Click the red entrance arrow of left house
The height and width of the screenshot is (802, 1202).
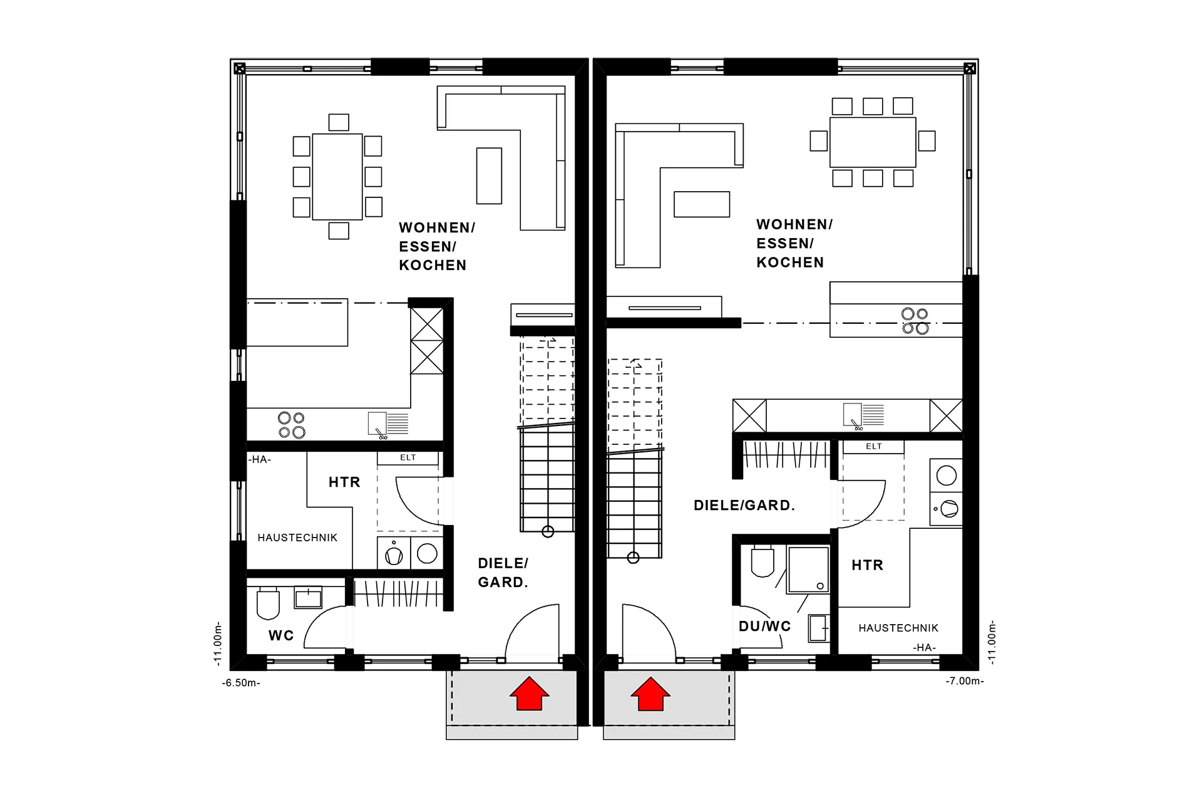click(x=530, y=694)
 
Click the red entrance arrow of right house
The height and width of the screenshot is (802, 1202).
click(x=650, y=694)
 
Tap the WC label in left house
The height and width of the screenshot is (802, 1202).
click(x=281, y=635)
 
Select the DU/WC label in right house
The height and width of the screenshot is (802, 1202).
click(x=764, y=626)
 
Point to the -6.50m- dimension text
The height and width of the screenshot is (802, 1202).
click(x=241, y=683)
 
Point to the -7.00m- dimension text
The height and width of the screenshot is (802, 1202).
click(x=965, y=680)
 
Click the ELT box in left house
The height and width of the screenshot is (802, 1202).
click(x=408, y=458)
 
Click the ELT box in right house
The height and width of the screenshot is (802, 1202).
click(x=873, y=447)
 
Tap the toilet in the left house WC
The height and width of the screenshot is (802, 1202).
click(x=268, y=603)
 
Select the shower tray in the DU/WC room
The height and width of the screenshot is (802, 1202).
click(x=808, y=570)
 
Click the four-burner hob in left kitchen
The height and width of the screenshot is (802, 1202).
click(x=292, y=425)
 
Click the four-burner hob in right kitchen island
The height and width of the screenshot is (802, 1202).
click(x=915, y=321)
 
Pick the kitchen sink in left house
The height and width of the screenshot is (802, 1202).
click(x=378, y=423)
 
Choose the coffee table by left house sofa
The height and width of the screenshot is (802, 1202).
click(x=489, y=175)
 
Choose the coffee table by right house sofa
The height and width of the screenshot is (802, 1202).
click(x=702, y=204)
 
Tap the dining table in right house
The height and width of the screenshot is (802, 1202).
click(x=873, y=142)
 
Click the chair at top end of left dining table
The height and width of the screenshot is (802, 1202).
click(x=339, y=122)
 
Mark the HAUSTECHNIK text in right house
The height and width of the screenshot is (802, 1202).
click(x=898, y=628)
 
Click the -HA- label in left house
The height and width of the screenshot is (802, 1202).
click(x=259, y=459)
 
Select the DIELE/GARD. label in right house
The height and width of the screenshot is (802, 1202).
click(x=744, y=506)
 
